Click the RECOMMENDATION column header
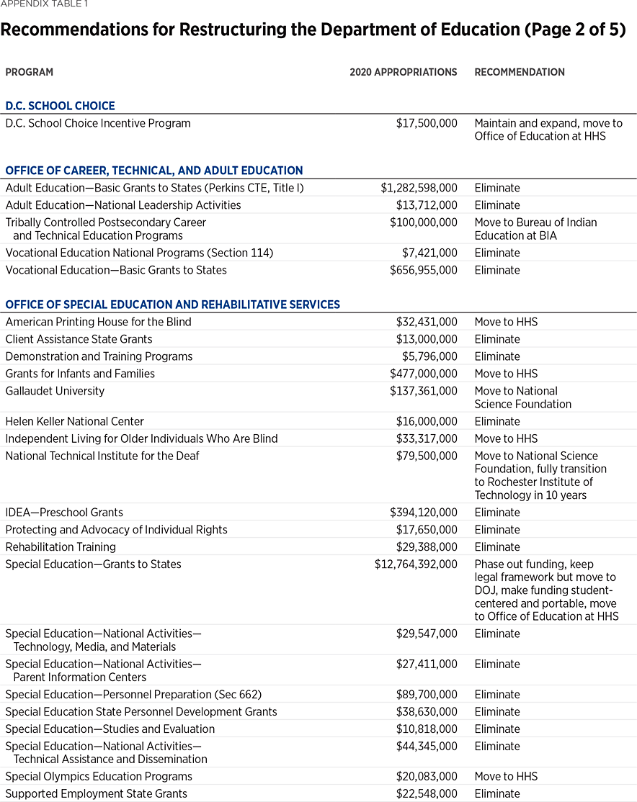coord(519,72)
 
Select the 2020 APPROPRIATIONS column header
coord(403,72)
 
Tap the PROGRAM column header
coord(29,72)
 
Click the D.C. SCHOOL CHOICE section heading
coord(60,106)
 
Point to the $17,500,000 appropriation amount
coord(427,123)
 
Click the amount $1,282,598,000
coord(419,188)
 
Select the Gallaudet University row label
coord(55,391)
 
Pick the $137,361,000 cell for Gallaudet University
coord(424,391)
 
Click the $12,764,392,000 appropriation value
coord(416,564)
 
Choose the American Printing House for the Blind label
coord(98,322)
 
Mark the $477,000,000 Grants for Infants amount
coord(424,374)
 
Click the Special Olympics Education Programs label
coord(99,776)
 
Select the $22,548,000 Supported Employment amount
coord(427,793)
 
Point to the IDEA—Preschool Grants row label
coord(64,513)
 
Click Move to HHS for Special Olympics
coord(506,776)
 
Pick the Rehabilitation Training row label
coord(61,547)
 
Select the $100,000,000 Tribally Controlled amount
coord(424,222)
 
